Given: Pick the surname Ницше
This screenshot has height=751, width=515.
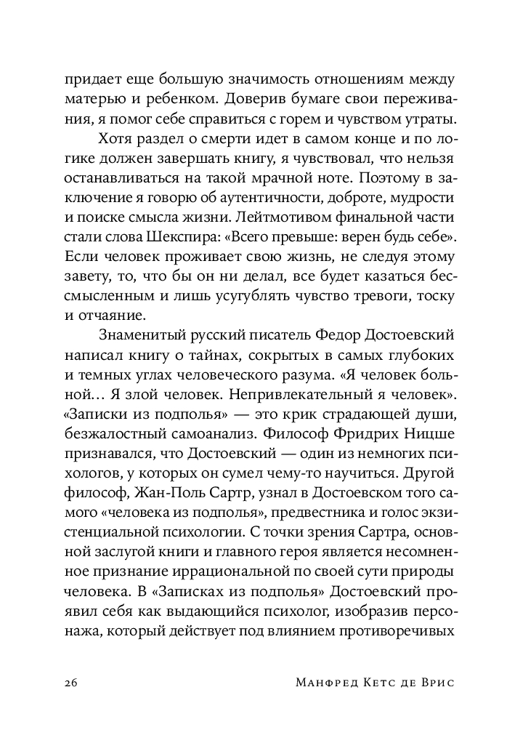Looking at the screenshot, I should (428, 435).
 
